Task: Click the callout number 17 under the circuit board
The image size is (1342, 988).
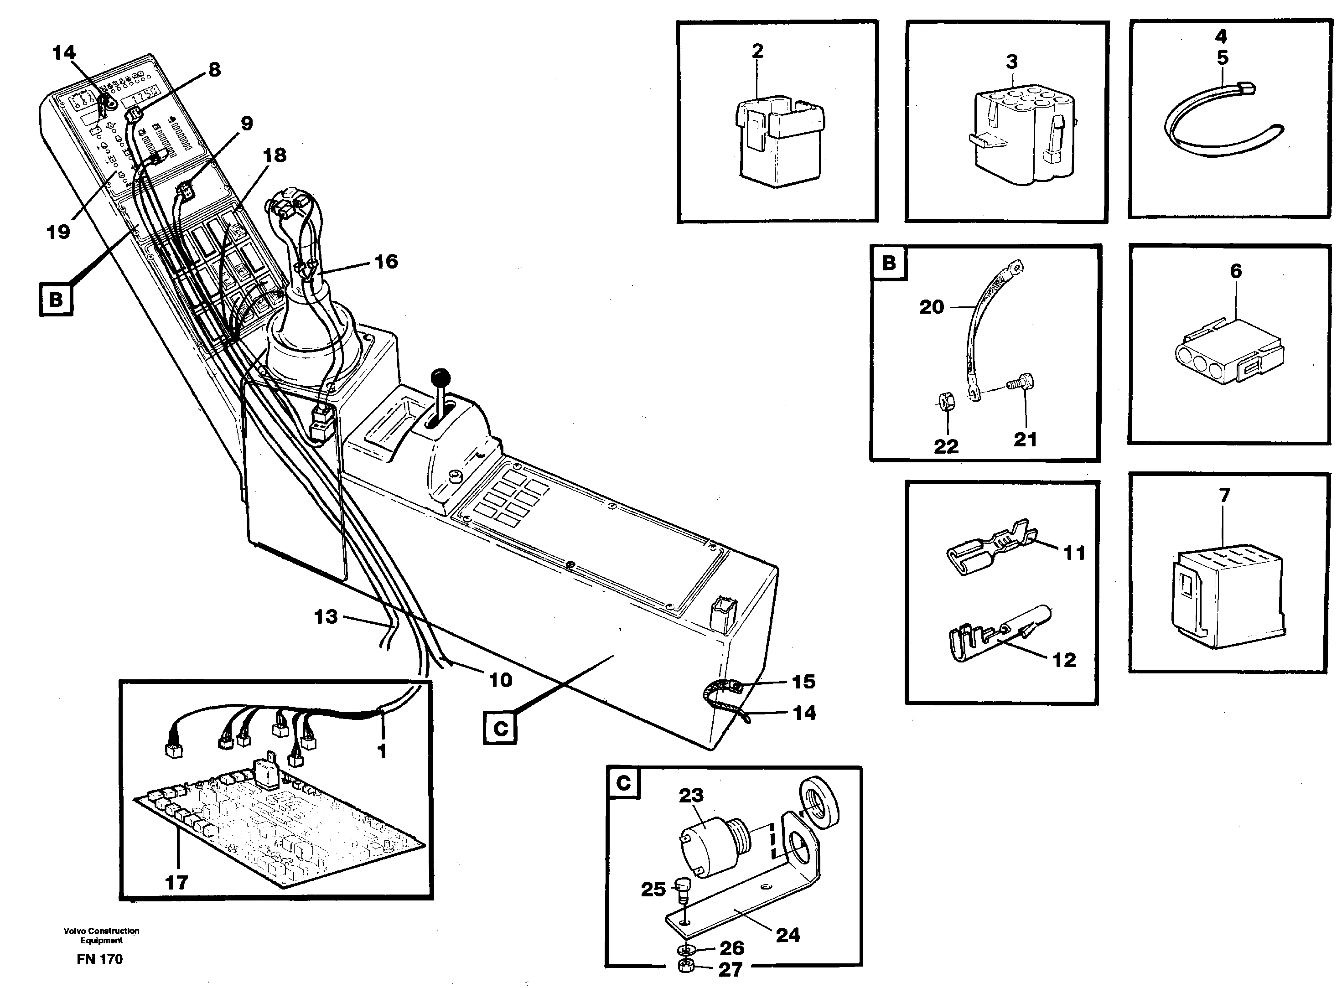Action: (x=176, y=882)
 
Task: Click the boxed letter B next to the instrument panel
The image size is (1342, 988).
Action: (x=56, y=299)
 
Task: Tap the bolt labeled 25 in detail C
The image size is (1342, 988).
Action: (x=681, y=903)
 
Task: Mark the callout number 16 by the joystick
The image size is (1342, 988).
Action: (x=386, y=261)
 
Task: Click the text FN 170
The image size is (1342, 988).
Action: (x=99, y=959)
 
